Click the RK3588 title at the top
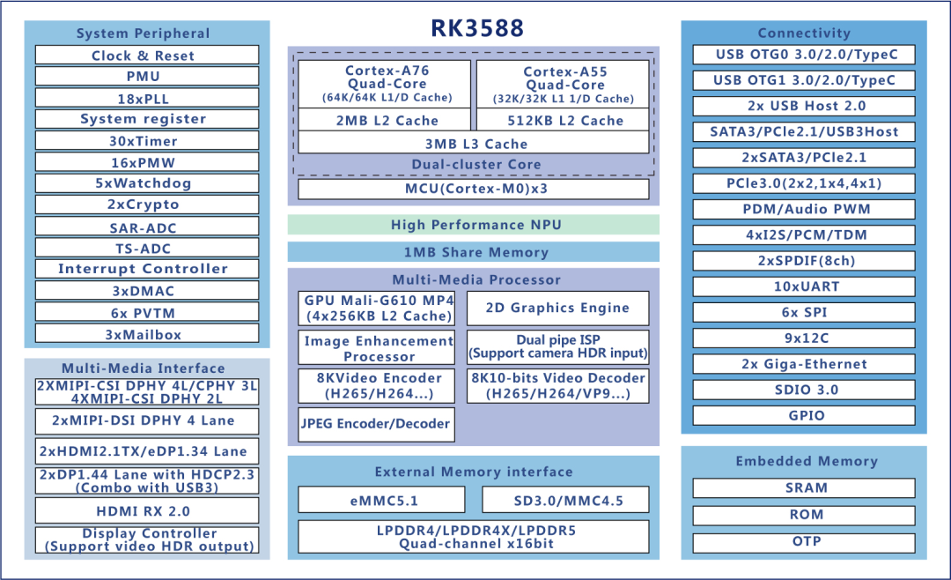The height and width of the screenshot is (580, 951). click(476, 28)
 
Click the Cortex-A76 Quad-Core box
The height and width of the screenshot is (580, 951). click(386, 84)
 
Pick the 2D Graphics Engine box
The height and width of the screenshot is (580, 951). click(557, 309)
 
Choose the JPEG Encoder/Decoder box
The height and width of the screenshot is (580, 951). click(376, 424)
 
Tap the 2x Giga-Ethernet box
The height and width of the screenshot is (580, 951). click(804, 364)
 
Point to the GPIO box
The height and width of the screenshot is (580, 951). click(804, 415)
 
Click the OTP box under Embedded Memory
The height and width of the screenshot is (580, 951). click(804, 541)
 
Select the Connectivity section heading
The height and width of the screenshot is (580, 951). click(804, 33)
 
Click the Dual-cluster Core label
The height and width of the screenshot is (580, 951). click(475, 164)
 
